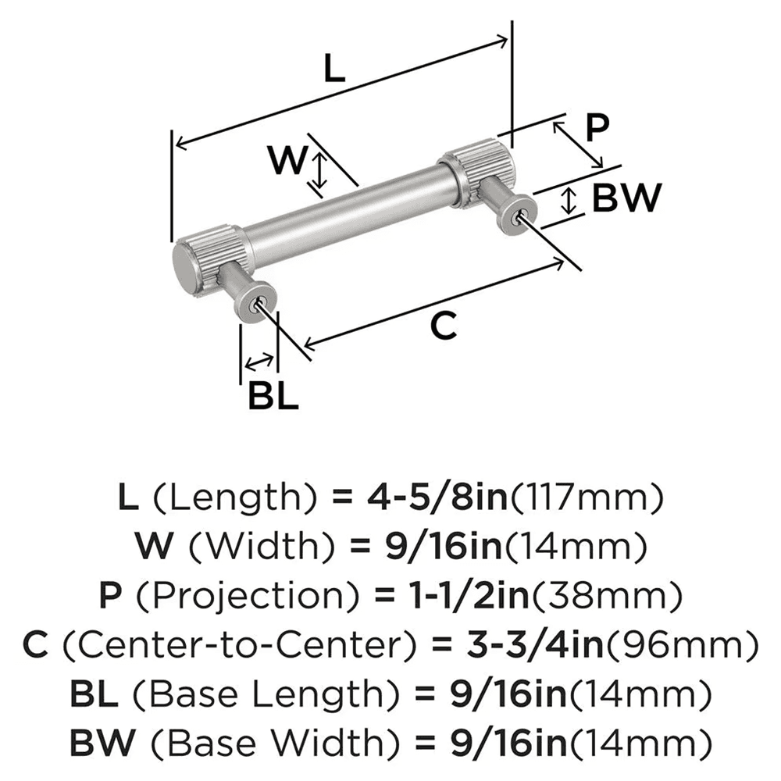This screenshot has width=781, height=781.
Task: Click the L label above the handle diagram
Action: [333, 71]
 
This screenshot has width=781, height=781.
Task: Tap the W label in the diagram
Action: [286, 161]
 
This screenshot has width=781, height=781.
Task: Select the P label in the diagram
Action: [597, 127]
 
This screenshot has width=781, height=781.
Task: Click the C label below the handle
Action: [443, 326]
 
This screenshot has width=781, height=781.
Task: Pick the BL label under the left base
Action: [273, 396]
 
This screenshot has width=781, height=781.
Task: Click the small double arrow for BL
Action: [259, 362]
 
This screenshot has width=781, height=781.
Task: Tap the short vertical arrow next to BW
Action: [569, 201]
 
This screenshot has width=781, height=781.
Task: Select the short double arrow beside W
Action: [318, 172]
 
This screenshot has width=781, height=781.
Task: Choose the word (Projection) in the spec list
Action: [241, 597]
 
